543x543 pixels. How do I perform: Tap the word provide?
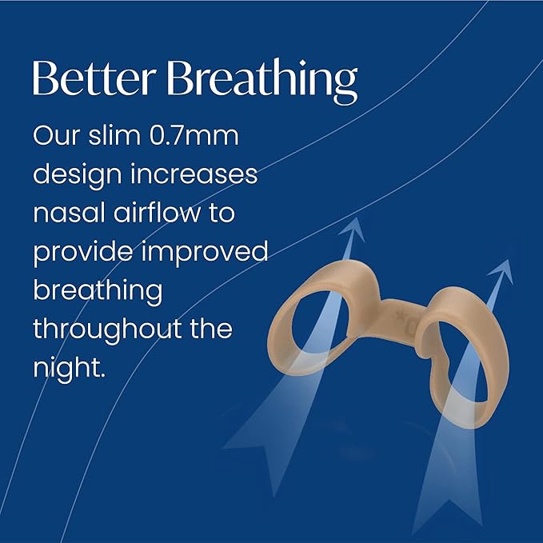[x=86, y=253]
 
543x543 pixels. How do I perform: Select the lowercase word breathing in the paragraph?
[x=97, y=291]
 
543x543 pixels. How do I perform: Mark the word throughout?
[x=106, y=329]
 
